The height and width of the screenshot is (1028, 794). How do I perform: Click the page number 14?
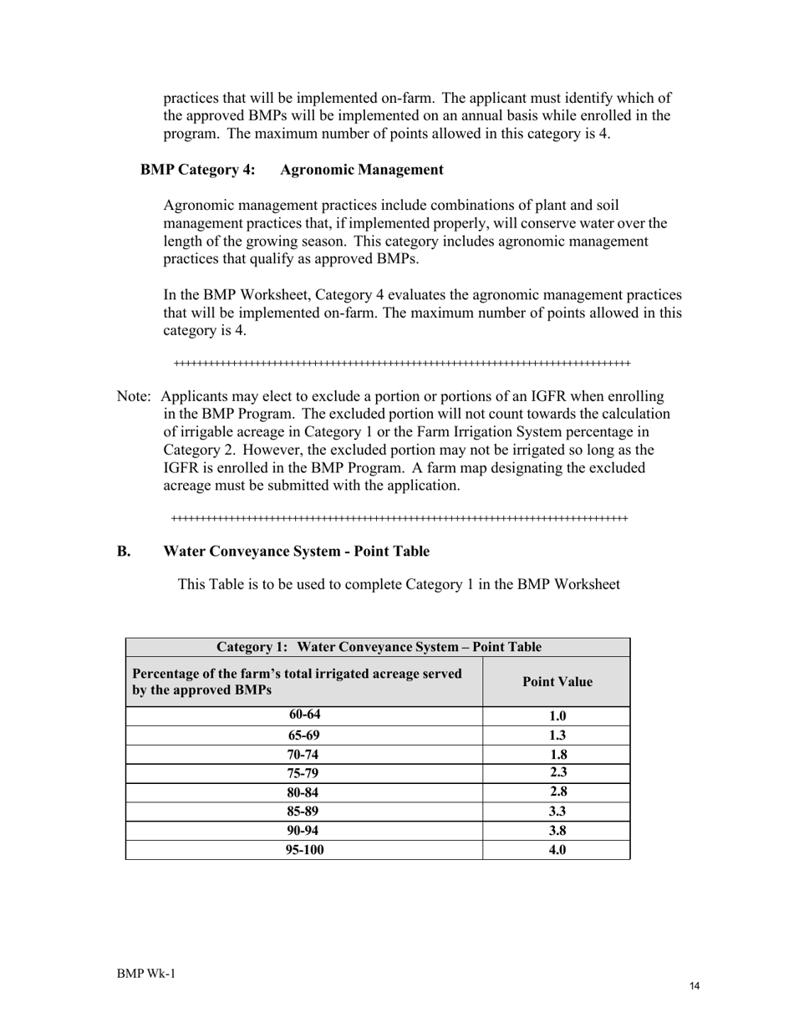[x=695, y=986]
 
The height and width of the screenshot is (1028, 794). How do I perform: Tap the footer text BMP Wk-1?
[x=146, y=974]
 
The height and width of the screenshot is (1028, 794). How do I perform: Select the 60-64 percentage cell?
[x=304, y=715]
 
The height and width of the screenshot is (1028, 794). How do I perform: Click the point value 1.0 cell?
[x=557, y=716]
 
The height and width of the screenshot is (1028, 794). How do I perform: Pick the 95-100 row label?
[x=304, y=850]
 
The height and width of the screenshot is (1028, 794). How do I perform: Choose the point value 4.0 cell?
[x=557, y=850]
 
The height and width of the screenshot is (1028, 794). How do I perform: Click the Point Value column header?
[x=557, y=682]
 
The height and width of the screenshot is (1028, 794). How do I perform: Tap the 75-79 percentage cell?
[x=304, y=773]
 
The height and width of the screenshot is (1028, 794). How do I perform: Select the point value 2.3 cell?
[x=557, y=773]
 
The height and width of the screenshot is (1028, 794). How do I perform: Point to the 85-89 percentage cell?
[x=304, y=812]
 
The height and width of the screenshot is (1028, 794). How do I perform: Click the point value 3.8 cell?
[x=557, y=831]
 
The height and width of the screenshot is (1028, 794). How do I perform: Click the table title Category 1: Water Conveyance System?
[x=378, y=647]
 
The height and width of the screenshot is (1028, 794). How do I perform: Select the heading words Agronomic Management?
[x=361, y=170]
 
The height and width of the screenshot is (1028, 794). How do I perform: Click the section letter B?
[x=124, y=551]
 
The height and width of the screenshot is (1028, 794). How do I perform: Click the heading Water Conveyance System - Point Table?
[x=296, y=551]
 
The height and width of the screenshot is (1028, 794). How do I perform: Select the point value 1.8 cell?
[x=557, y=755]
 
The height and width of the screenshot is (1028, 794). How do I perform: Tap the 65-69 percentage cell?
[x=304, y=735]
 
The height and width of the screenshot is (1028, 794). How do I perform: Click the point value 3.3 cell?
[x=557, y=812]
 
